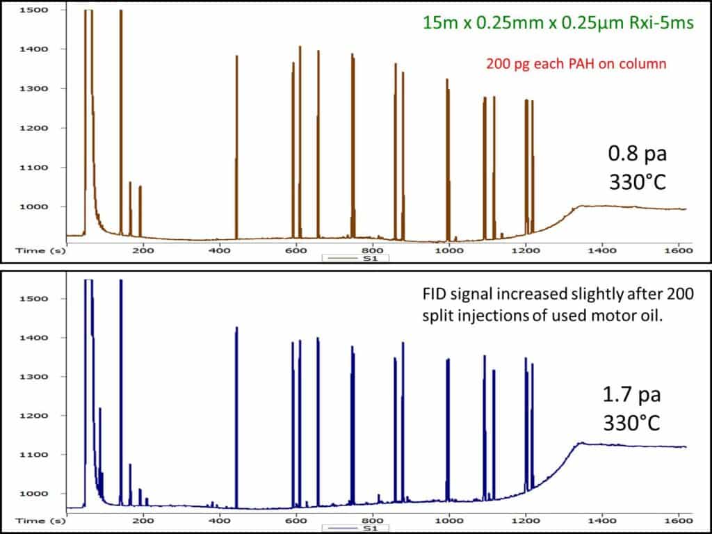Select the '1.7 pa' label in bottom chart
pos(631,396)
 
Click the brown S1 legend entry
pos(355,258)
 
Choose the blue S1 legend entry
pos(355,528)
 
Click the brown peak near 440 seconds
pos(236,139)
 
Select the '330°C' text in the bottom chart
pos(631,422)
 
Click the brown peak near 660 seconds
pos(318,139)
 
